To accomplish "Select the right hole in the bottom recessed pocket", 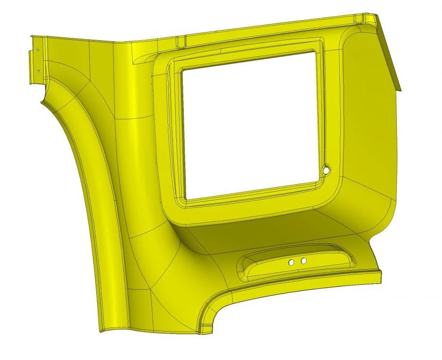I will click(x=304, y=260).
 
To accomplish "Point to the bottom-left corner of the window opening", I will click(x=188, y=198).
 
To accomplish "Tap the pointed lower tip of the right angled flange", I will click(x=400, y=91).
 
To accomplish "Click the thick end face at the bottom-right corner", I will click(x=380, y=277).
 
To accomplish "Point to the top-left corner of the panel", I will click(x=31, y=36).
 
